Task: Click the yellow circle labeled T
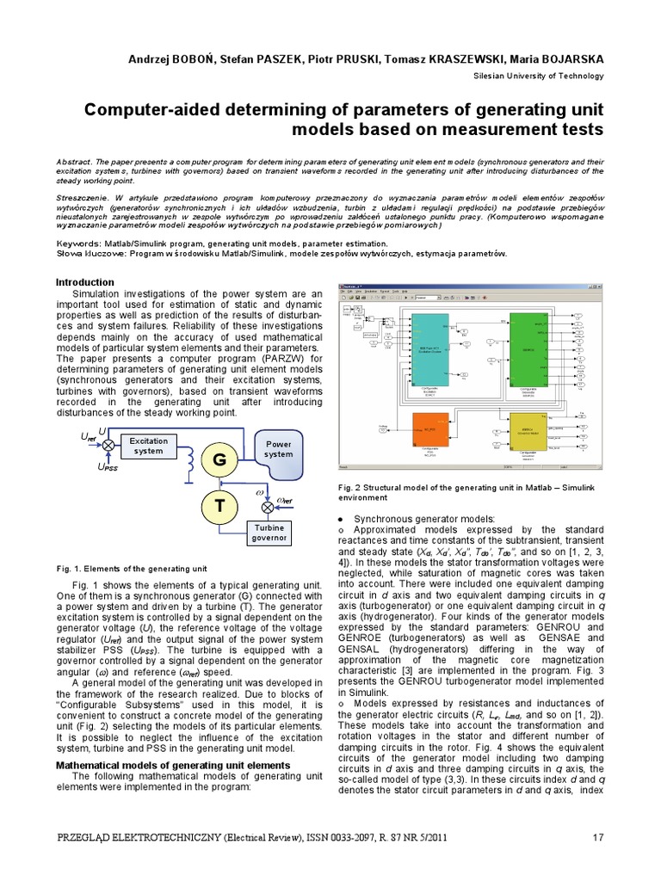(x=219, y=507)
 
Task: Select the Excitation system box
(x=148, y=446)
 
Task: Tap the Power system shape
(x=278, y=450)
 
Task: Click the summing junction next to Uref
(x=109, y=446)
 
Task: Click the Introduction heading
(x=85, y=282)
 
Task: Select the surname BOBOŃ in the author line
(x=200, y=59)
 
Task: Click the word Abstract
(x=76, y=162)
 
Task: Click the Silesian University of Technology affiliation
(x=539, y=77)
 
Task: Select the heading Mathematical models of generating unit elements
(x=172, y=765)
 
